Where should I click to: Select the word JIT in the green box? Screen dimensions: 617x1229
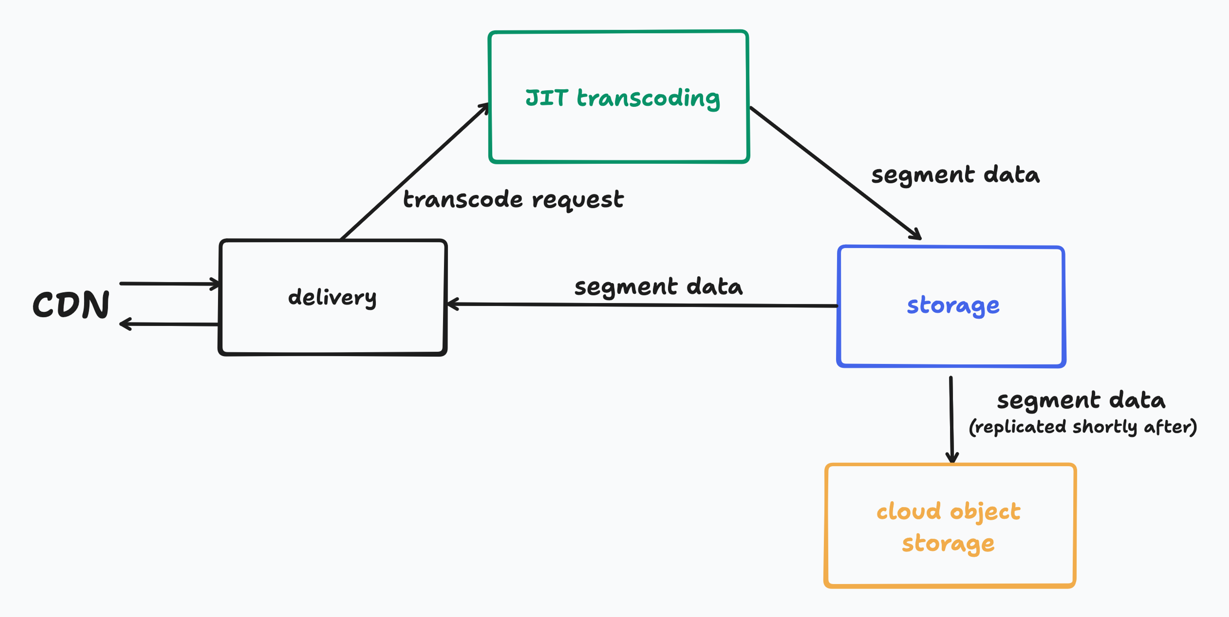click(x=547, y=98)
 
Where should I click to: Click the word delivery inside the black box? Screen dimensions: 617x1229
click(x=332, y=297)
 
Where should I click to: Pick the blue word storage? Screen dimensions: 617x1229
click(x=953, y=305)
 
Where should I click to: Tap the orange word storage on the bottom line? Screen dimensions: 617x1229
click(x=948, y=543)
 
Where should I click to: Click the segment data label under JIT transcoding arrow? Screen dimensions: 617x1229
click(x=955, y=175)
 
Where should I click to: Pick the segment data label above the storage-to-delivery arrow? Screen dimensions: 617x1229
click(x=658, y=287)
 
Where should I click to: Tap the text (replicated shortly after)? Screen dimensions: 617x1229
click(x=1082, y=427)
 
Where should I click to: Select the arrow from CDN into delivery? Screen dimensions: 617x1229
click(x=169, y=284)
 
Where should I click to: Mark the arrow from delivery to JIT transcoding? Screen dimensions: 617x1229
click(x=414, y=171)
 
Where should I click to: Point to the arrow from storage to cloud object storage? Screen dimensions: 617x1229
click(x=951, y=420)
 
